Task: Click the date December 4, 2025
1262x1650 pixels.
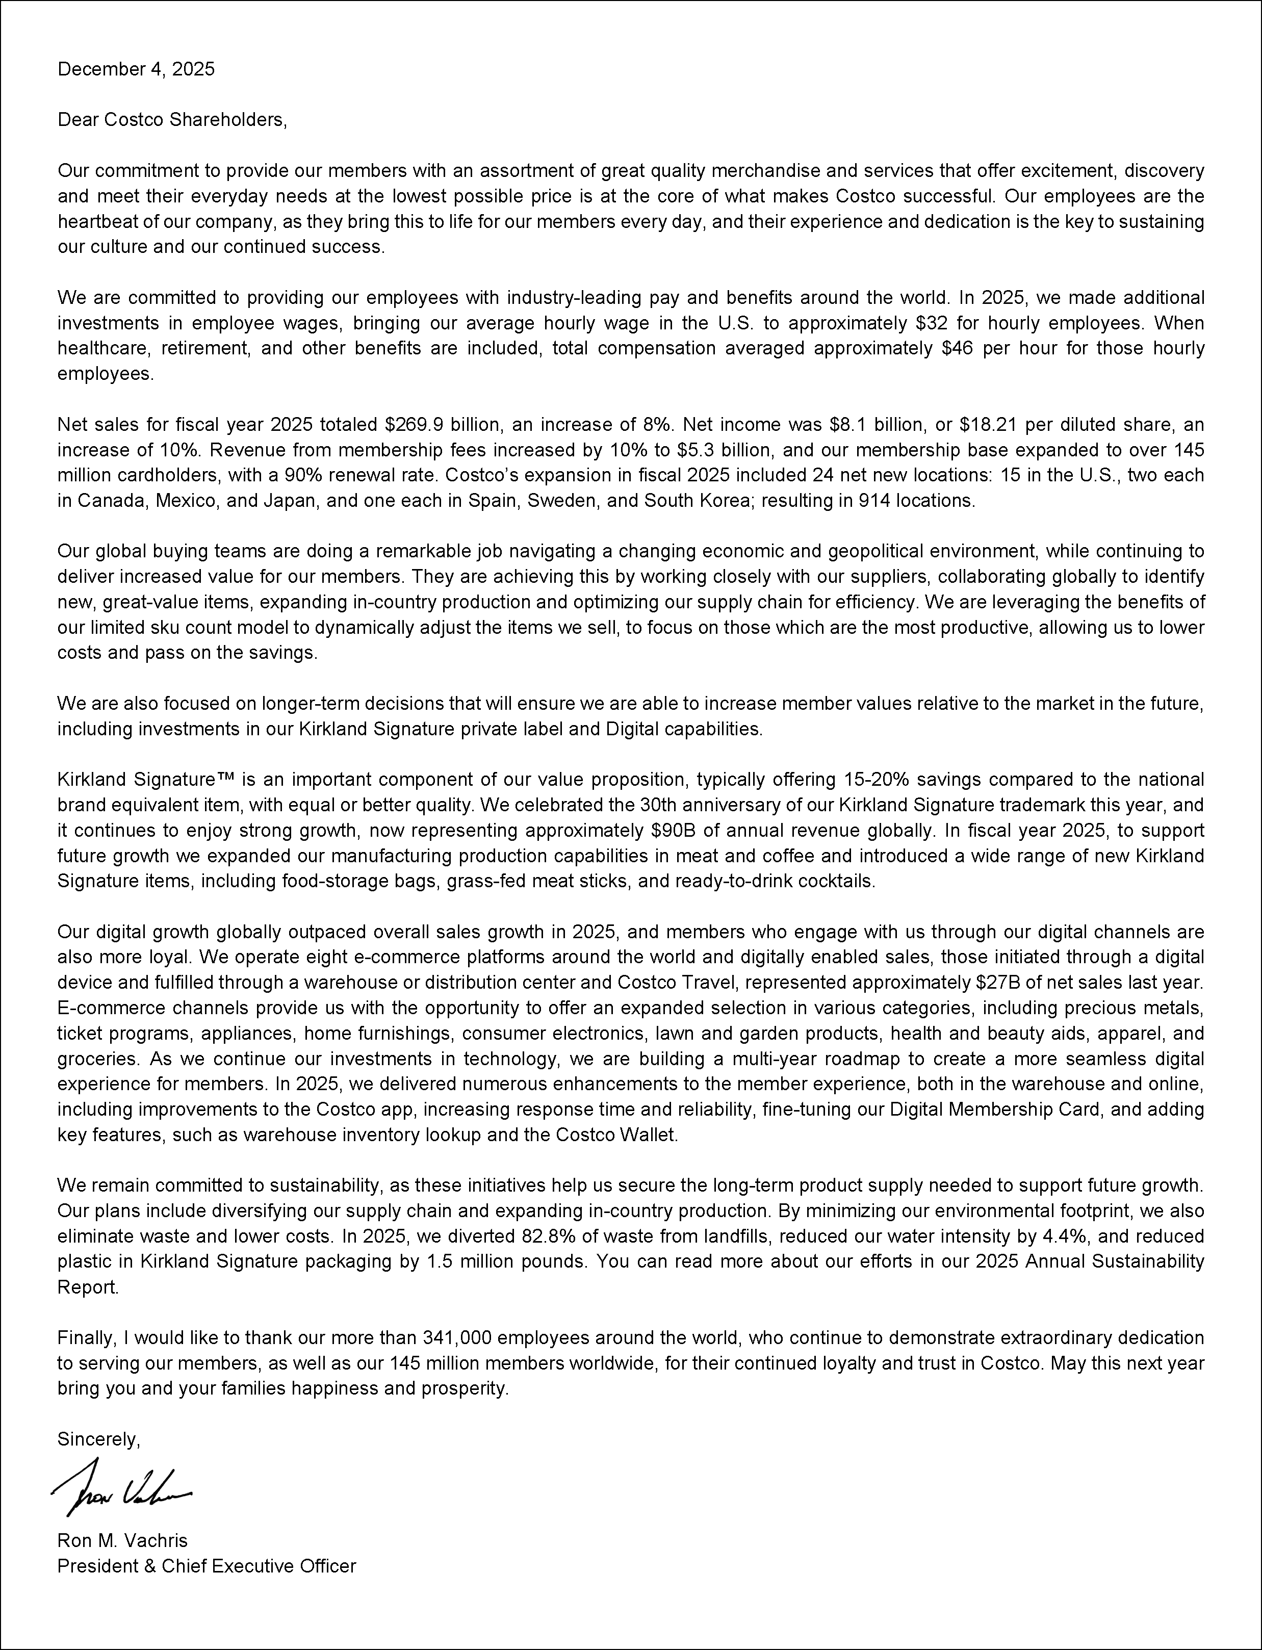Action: coord(136,69)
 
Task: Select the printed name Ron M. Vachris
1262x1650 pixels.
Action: coord(122,1540)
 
